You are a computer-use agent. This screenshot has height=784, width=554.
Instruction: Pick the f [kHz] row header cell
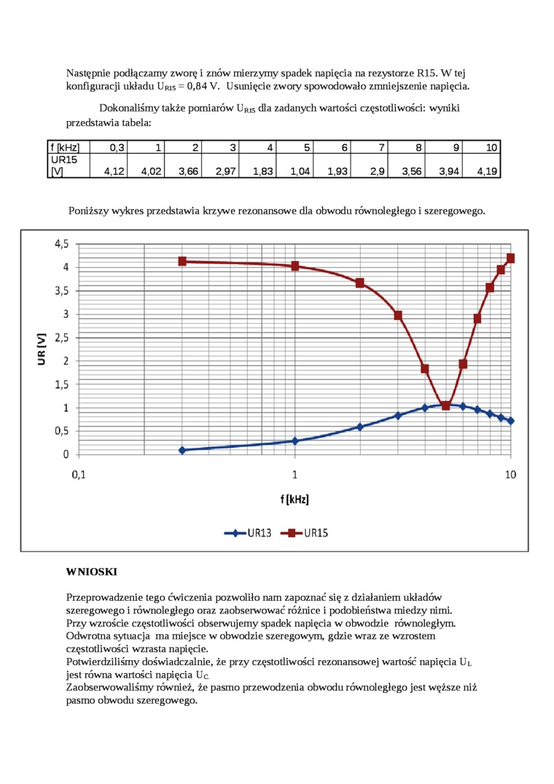[65, 148]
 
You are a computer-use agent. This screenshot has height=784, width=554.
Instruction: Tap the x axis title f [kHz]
[294, 500]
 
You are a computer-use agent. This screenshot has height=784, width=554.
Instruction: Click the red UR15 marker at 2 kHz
[359, 283]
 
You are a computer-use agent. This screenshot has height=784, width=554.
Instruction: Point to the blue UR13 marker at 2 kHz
[359, 427]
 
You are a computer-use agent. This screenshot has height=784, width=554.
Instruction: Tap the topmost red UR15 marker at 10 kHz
[510, 258]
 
